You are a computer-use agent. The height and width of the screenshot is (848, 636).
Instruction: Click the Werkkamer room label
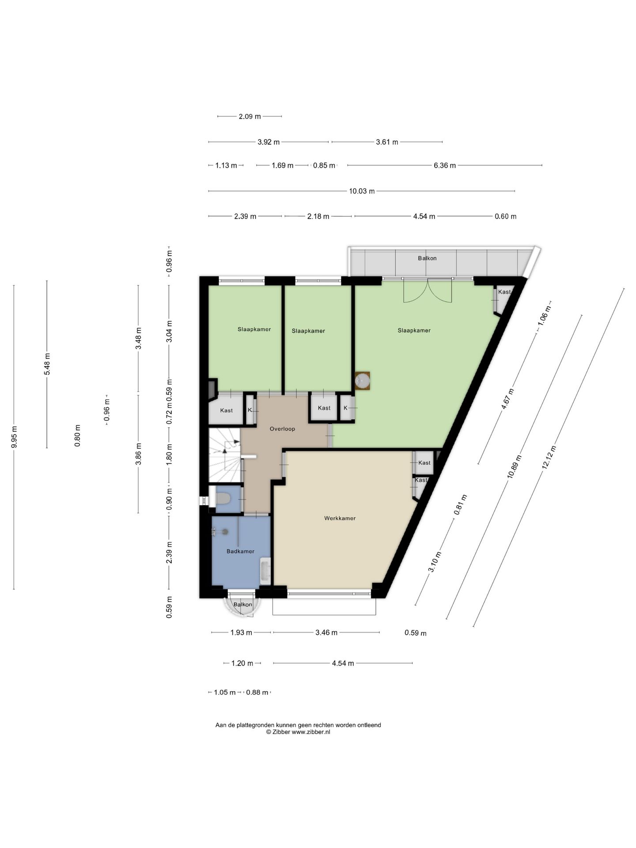[340, 518]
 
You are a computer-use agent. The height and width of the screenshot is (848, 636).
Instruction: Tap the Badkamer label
[240, 551]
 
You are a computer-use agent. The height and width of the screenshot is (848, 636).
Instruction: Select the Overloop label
[282, 429]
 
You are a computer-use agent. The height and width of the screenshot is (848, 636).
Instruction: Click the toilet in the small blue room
[223, 498]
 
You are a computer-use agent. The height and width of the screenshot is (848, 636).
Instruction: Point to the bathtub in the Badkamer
[265, 571]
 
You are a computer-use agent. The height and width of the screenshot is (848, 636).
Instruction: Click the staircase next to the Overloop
[225, 455]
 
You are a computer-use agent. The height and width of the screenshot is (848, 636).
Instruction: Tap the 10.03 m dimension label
[362, 191]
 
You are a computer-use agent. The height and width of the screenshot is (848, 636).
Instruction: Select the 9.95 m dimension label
[14, 437]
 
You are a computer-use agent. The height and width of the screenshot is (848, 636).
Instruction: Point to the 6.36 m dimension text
[445, 166]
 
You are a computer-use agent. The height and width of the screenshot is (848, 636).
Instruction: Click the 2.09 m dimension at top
[250, 117]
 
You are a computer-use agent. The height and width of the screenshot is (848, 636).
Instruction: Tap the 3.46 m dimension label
[326, 632]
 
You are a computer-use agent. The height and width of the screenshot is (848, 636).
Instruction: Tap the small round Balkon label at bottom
[243, 605]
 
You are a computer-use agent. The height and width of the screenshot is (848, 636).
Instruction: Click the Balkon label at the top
[427, 258]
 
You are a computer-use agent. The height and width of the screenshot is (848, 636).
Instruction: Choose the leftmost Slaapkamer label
[254, 329]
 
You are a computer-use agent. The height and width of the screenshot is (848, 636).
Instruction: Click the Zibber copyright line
[298, 732]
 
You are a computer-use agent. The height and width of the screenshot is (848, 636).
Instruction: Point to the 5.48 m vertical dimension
[47, 364]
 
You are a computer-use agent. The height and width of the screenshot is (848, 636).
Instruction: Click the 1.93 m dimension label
[241, 632]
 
